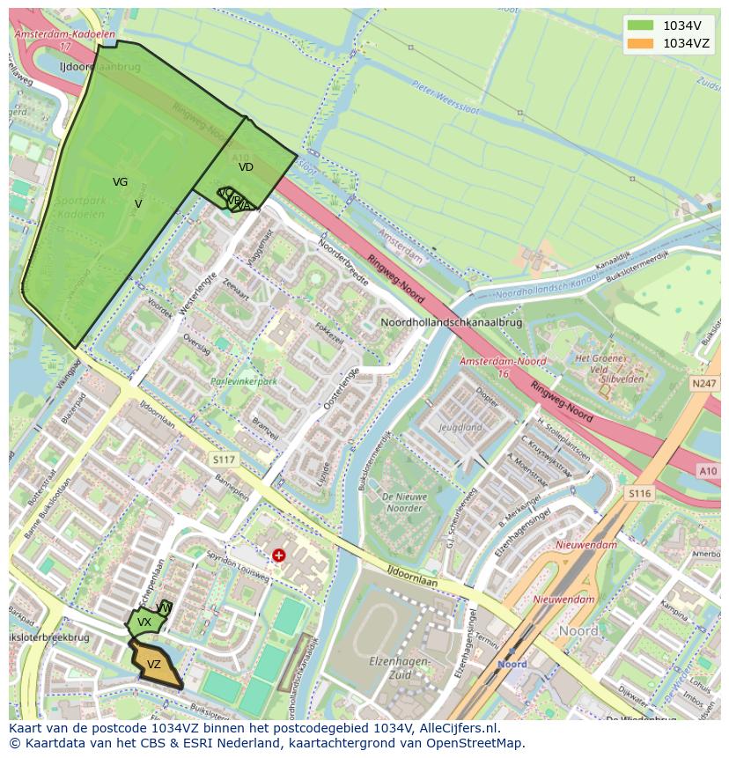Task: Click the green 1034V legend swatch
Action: [x=641, y=26]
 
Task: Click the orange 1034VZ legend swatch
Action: [x=641, y=43]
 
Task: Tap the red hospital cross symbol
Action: [x=279, y=556]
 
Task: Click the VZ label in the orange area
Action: [x=154, y=665]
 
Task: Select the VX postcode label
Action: [x=144, y=622]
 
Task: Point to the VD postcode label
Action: [x=246, y=166]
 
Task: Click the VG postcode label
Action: [x=120, y=182]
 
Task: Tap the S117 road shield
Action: [x=224, y=460]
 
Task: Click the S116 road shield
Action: [x=639, y=494]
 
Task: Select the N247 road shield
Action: [x=704, y=384]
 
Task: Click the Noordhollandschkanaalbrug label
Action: [x=451, y=323]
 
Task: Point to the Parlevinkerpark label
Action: [x=244, y=382]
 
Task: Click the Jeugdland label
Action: [x=460, y=428]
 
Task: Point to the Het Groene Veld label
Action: [x=600, y=364]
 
